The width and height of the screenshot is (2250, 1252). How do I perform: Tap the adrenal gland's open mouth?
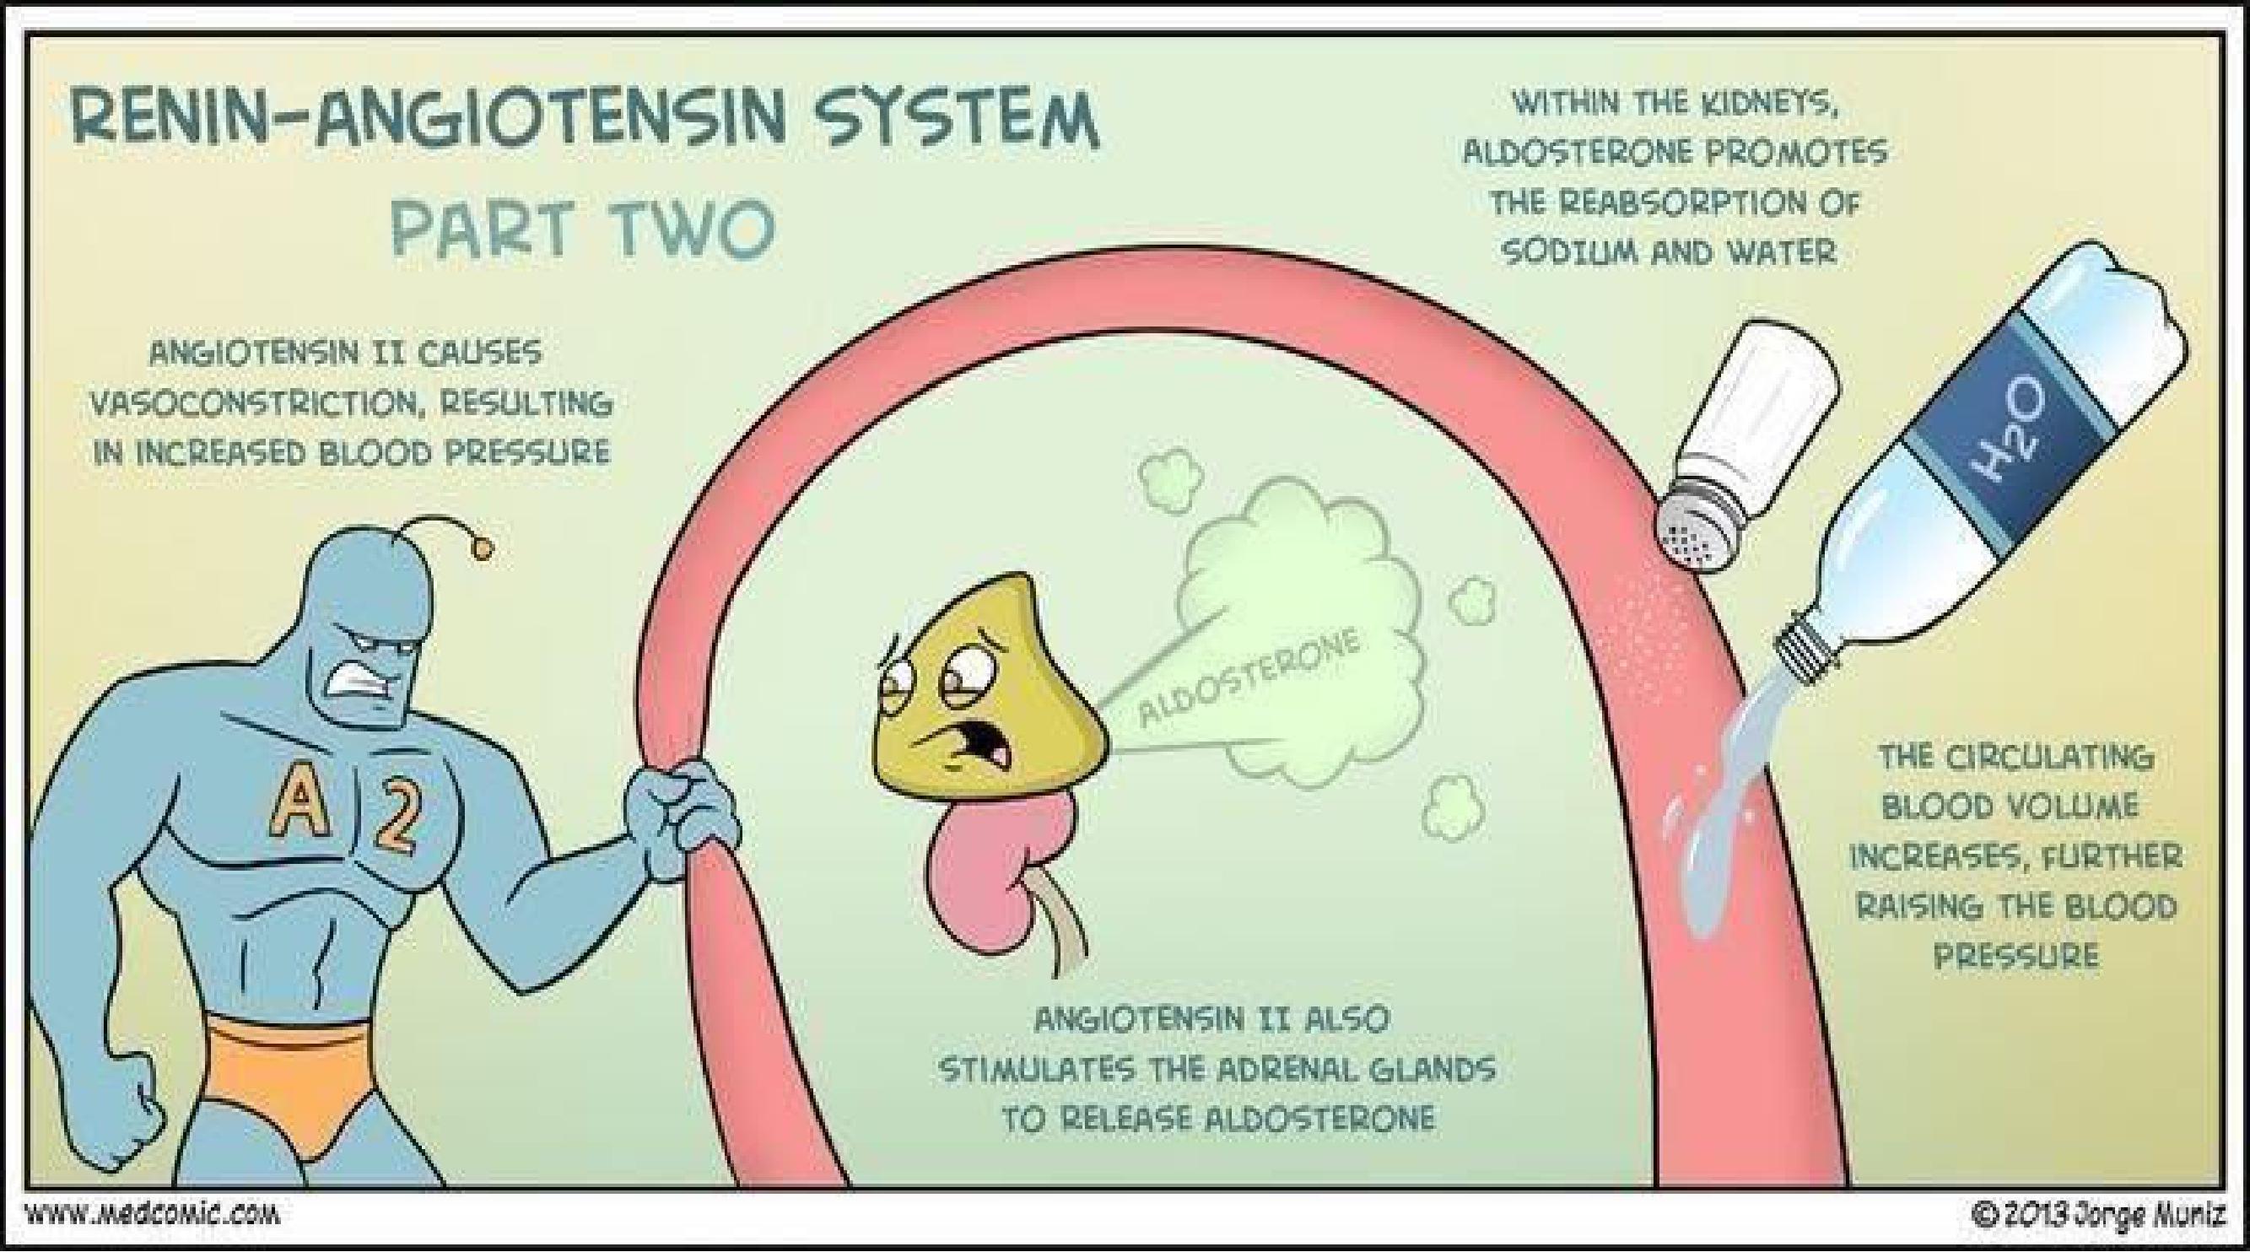tap(988, 742)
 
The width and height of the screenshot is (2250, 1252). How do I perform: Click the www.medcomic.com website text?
tap(154, 1214)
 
